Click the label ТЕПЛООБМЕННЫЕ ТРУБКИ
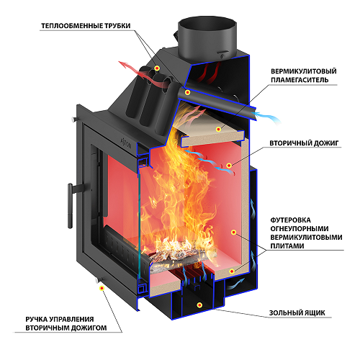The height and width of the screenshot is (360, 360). coord(86,26)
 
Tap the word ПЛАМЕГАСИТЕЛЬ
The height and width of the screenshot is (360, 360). coord(300,80)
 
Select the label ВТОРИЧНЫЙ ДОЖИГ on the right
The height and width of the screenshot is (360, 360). coord(304,143)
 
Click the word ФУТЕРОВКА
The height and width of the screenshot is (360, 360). coord(290,220)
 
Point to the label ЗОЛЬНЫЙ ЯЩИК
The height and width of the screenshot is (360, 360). coord(297,312)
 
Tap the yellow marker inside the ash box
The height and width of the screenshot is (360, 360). coord(199,305)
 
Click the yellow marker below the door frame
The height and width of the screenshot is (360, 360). coord(102,288)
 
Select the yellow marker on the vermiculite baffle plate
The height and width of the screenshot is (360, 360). coord(218,130)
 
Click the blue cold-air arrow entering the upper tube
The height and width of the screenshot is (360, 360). coord(268,117)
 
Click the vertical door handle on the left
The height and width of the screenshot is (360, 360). coord(70,206)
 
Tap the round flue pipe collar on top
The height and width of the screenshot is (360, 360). coord(207,37)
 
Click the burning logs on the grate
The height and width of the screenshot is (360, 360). coord(179,257)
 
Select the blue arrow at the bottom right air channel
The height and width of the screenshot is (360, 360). coord(236,284)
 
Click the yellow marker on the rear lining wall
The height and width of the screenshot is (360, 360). coord(233,232)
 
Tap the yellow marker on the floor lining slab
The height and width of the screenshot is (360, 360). coord(232,271)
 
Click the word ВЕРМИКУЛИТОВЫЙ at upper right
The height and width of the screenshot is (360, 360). coord(304,71)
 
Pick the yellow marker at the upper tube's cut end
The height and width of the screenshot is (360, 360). coord(187,92)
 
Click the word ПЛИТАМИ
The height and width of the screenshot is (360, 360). coord(287,246)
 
